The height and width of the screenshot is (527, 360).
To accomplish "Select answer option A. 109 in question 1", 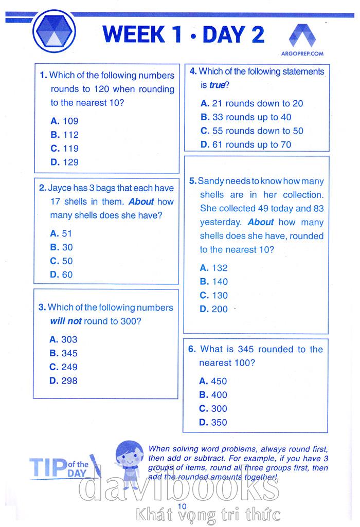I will coord(65,121).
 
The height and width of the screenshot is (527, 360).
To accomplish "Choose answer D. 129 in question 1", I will coord(65,162).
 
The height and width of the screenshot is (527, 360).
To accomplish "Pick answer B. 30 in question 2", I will coord(62,247).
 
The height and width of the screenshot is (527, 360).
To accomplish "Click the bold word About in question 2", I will coord(141,202).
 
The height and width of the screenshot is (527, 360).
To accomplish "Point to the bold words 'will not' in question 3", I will coord(66,321).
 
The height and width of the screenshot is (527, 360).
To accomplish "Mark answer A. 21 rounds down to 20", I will coord(251,103).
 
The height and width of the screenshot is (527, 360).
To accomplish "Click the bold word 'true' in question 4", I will coord(218,85).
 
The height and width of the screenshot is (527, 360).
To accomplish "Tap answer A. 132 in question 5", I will coord(213,268).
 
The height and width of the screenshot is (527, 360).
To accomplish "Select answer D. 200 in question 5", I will coord(213,310).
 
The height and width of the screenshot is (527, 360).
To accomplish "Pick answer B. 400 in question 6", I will coord(213,395).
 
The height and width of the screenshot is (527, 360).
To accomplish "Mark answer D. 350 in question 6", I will coord(213,423).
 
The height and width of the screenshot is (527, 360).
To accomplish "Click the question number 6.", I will coord(191,350).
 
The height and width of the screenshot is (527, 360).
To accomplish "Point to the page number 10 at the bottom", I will coord(180,506).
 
